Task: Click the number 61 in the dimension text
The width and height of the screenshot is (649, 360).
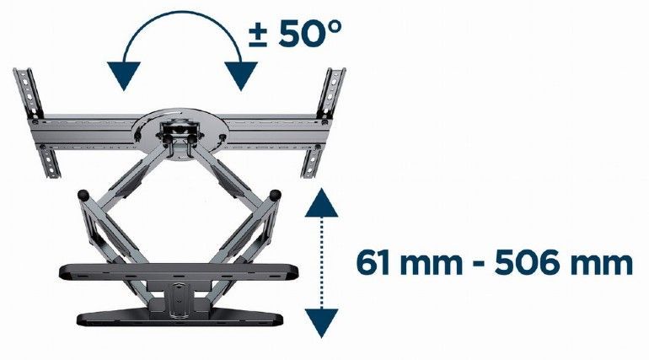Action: (x=370, y=263)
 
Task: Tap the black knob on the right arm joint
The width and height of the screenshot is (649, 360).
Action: (x=274, y=195)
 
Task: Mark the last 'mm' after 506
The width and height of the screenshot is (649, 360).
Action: (x=599, y=264)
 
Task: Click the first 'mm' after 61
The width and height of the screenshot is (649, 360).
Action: (x=426, y=264)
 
